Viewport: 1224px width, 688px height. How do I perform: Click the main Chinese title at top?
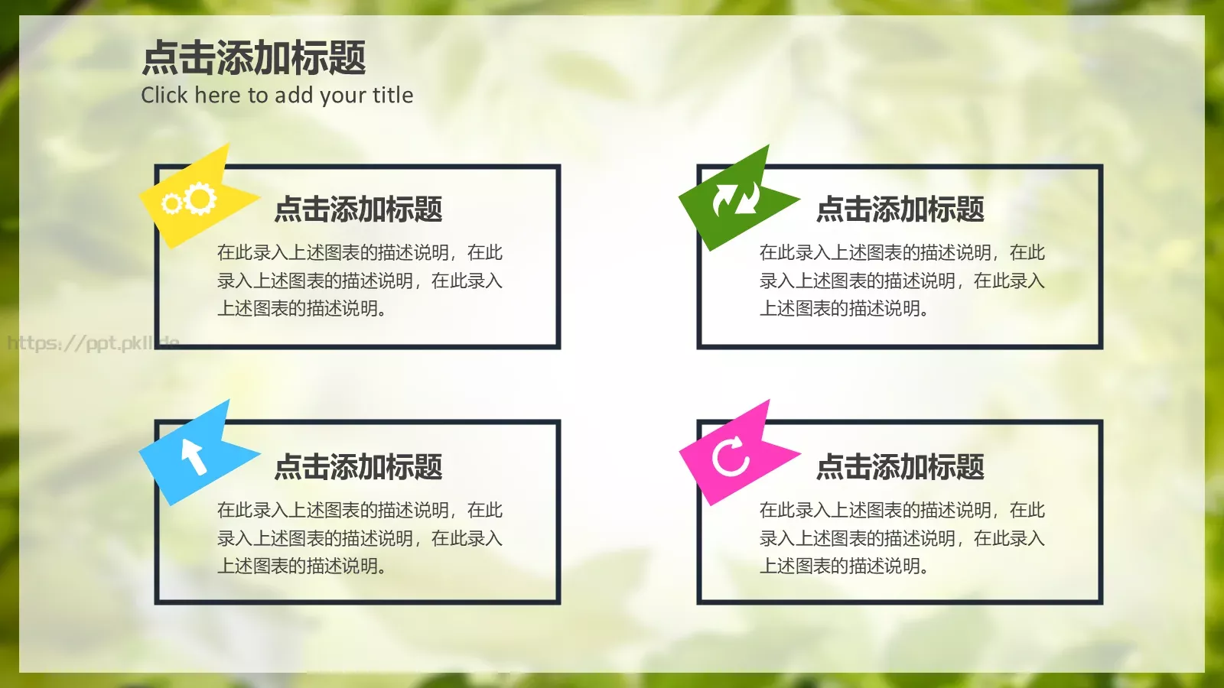point(254,58)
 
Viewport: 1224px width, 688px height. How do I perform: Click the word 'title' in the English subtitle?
point(392,96)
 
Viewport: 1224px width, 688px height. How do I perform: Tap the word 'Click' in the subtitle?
point(164,96)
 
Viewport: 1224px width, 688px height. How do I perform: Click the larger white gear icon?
point(200,199)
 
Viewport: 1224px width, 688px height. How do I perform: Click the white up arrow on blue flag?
point(194,457)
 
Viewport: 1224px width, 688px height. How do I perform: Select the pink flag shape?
point(734,454)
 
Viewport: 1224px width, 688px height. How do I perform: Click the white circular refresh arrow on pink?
point(731,456)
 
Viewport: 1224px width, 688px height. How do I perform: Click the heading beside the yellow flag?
point(358,209)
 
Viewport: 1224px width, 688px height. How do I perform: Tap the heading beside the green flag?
point(900,209)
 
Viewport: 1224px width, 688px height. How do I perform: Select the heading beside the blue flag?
point(358,466)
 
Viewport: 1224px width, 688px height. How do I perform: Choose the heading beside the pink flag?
point(900,466)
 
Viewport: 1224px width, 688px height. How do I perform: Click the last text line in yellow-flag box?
point(301,309)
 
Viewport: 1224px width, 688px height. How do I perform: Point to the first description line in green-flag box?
point(901,253)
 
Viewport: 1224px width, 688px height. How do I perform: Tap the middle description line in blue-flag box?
point(360,538)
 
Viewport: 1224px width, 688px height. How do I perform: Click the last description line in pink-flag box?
point(843,566)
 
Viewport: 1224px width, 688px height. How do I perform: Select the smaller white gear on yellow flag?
point(171,203)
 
